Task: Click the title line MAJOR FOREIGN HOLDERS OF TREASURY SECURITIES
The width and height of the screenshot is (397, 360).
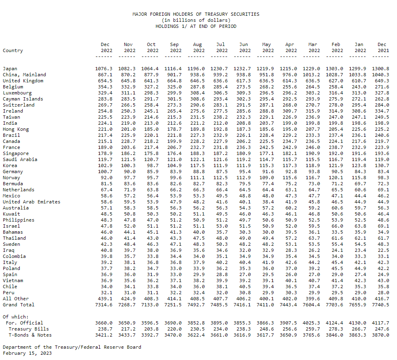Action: click(x=196, y=14)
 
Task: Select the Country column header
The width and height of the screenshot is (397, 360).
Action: click(x=13, y=50)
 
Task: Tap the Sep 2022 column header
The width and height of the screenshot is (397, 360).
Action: click(x=176, y=48)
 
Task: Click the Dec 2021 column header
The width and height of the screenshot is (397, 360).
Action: click(x=383, y=48)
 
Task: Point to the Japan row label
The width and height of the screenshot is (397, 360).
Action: click(x=10, y=69)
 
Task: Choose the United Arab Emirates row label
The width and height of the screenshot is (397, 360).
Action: click(x=31, y=202)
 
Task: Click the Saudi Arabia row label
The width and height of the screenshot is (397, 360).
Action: click(x=20, y=159)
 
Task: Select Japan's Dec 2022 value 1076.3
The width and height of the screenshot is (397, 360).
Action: click(x=104, y=69)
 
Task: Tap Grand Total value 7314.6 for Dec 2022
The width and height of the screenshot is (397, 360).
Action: click(x=104, y=305)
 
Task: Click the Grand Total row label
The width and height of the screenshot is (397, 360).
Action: click(x=18, y=305)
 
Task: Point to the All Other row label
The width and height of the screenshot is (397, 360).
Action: click(x=15, y=299)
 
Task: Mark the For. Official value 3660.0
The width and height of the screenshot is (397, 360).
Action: click(x=104, y=323)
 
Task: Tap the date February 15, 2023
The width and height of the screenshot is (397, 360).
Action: click(x=27, y=353)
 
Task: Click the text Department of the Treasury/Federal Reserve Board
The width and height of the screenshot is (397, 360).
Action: click(x=72, y=347)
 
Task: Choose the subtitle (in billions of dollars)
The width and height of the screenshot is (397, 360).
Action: click(x=196, y=20)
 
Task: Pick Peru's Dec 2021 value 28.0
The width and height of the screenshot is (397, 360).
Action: click(x=383, y=293)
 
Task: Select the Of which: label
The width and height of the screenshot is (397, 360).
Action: click(x=15, y=317)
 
